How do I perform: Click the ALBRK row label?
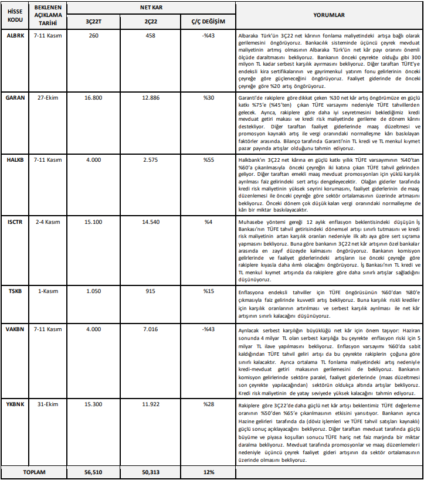point(16,36)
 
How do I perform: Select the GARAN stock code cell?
point(16,98)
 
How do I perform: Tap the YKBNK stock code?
point(16,388)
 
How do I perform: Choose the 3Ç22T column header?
point(93,22)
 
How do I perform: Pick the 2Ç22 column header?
point(151,22)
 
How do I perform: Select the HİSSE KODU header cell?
point(16,15)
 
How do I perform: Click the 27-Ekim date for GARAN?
point(48,98)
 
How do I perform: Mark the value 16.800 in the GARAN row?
point(93,98)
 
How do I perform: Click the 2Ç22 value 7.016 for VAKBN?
point(151,329)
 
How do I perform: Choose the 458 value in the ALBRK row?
point(151,36)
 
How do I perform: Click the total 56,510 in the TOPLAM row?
point(93,471)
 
